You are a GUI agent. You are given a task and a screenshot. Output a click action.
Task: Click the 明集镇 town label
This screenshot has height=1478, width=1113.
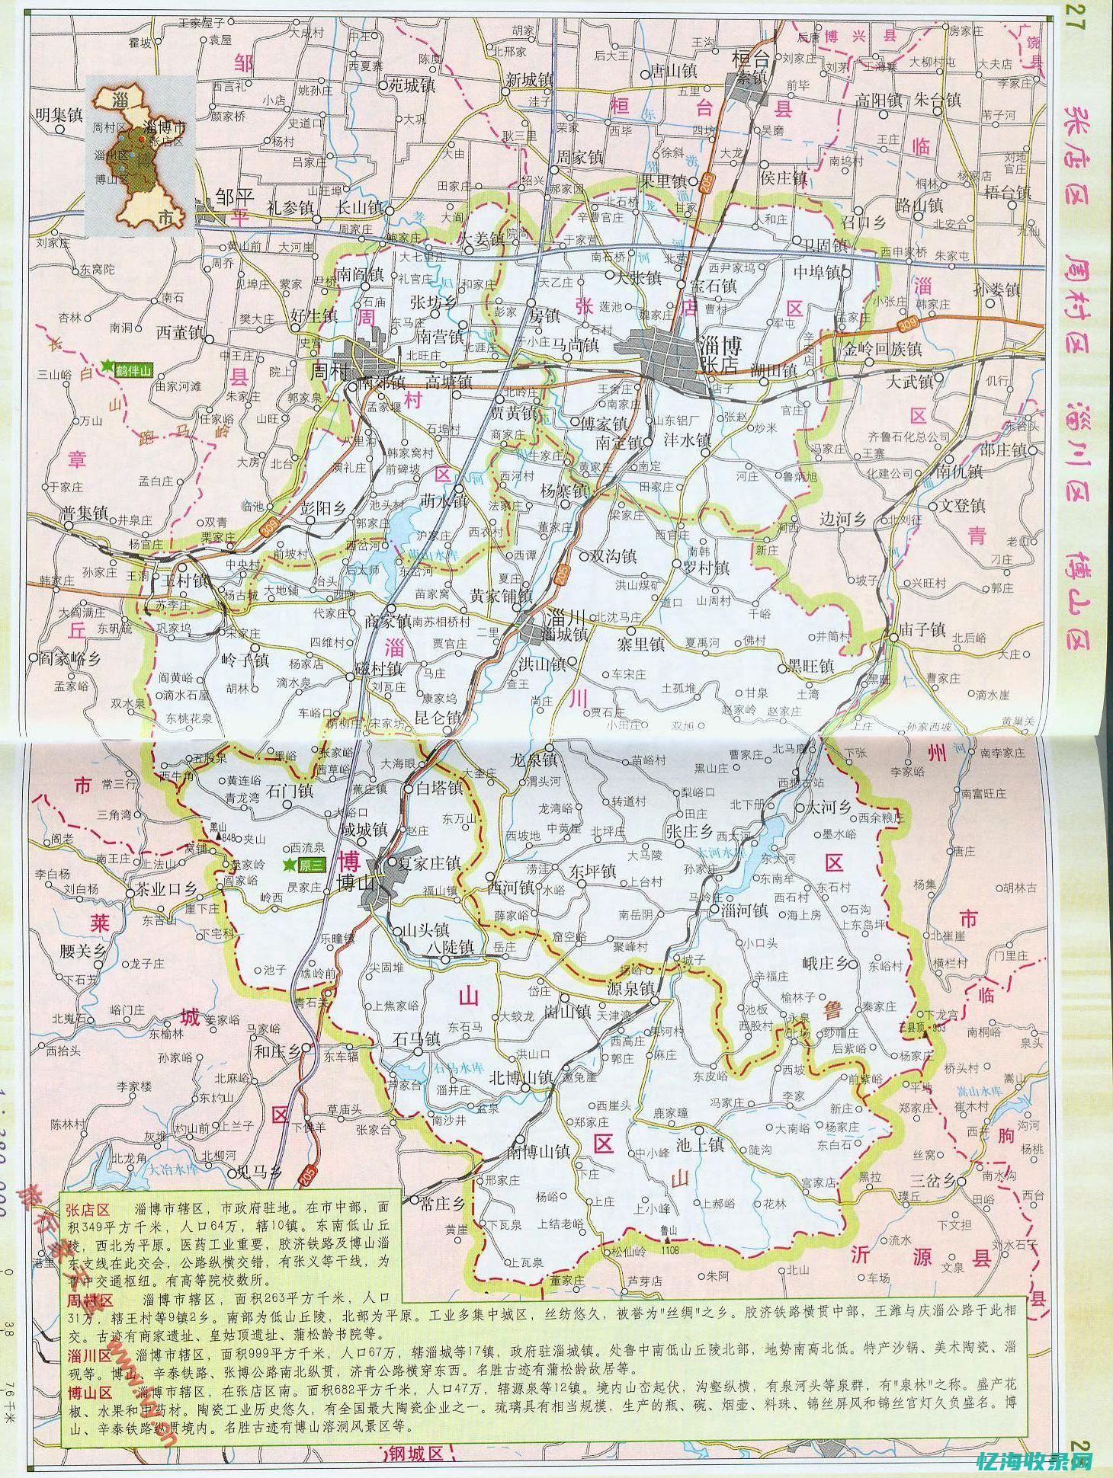tap(59, 115)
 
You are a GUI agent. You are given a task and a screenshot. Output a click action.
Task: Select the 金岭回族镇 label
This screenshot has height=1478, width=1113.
tap(882, 350)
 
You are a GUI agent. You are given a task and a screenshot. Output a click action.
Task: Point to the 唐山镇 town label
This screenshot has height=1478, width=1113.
tap(672, 72)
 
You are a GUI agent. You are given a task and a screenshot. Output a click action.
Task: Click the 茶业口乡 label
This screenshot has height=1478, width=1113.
tap(167, 890)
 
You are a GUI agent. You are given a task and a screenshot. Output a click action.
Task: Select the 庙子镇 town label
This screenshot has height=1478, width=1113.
tap(922, 629)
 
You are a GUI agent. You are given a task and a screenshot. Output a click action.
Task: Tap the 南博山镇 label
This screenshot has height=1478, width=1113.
tap(539, 1152)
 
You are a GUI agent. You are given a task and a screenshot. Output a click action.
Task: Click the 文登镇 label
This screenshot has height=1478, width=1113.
tap(961, 506)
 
